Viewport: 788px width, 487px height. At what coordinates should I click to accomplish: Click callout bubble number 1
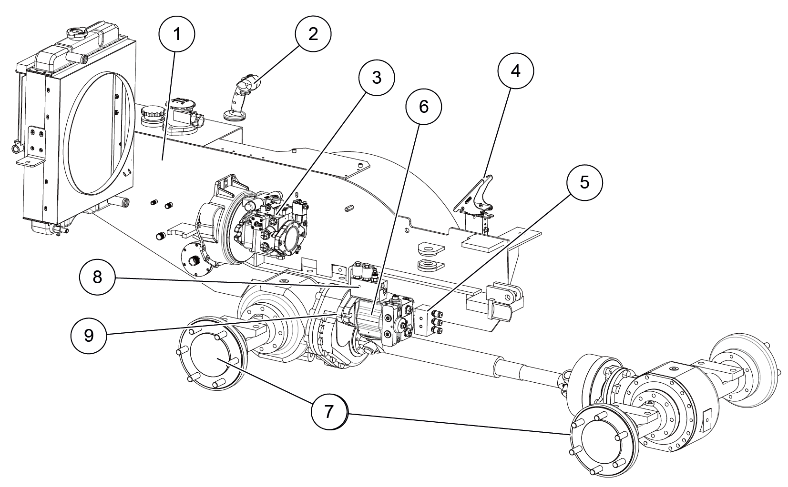(x=177, y=34)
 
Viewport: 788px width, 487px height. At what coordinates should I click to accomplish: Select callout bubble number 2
(x=313, y=34)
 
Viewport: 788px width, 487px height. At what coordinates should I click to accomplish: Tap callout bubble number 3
(x=377, y=78)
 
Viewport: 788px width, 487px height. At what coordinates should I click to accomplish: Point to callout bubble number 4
(x=515, y=70)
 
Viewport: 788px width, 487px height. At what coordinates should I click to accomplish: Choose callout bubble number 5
(x=584, y=183)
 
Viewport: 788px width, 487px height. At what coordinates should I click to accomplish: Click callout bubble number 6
(x=424, y=107)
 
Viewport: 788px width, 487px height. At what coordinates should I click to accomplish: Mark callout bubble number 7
(x=329, y=412)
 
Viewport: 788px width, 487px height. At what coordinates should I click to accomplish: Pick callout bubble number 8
(x=98, y=277)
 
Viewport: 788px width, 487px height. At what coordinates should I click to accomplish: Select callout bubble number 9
(x=89, y=335)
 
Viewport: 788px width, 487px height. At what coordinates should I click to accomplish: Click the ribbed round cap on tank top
(x=152, y=115)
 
